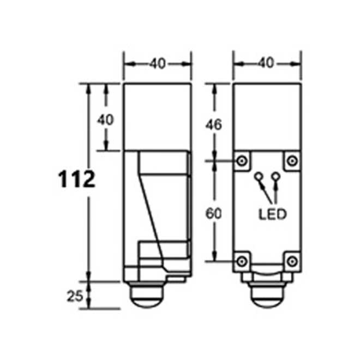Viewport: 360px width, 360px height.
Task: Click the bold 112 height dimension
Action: (77, 178)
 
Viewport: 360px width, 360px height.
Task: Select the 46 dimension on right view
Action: (214, 124)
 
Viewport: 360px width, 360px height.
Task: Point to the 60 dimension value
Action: (214, 214)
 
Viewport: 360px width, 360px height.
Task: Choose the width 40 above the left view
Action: (157, 64)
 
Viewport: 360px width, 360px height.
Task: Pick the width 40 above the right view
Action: (267, 64)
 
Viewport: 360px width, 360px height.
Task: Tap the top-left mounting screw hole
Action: (242, 160)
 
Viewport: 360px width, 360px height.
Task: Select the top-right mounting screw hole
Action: (292, 160)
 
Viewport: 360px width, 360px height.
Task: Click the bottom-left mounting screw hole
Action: (242, 261)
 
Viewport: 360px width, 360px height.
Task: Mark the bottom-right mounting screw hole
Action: (292, 261)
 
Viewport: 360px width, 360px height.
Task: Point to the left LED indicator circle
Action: (258, 177)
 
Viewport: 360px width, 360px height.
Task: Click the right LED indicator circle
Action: (276, 177)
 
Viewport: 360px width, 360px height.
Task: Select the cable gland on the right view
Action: (267, 298)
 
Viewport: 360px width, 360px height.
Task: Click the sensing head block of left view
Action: (157, 117)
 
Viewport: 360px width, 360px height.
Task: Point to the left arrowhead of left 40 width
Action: (126, 64)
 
